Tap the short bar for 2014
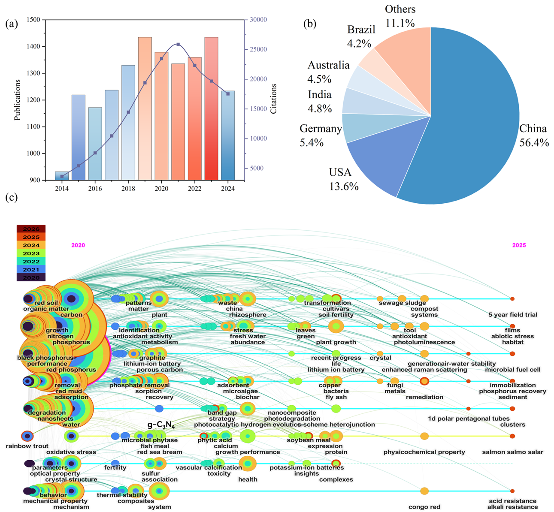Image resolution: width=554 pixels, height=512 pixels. pos(62,176)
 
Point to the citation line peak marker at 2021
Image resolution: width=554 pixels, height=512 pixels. pos(178,44)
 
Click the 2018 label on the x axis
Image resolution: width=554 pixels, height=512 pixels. pos(128,188)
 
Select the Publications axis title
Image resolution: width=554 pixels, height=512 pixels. pos(18,99)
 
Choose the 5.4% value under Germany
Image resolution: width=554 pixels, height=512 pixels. pos(312,143)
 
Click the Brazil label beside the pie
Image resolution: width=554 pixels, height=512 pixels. pos(361,30)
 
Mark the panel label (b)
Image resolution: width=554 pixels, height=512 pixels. pos(310,24)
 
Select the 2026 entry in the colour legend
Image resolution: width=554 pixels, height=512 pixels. pos(31,229)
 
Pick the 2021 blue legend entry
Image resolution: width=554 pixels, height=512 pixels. pos(31,270)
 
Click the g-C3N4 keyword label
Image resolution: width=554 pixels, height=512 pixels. pos(161,425)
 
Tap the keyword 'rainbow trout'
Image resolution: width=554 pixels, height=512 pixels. pos(27,446)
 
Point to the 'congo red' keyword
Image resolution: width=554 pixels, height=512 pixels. pos(424,507)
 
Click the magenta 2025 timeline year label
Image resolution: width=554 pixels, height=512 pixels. pos(519,245)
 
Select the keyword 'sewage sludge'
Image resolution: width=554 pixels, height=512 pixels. pos(397,303)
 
